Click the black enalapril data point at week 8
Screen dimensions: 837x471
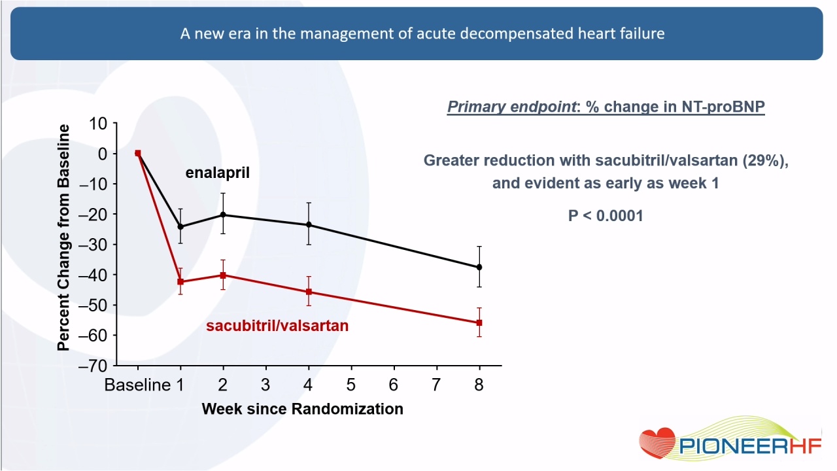[x=479, y=268]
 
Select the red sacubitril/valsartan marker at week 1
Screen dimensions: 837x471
[x=180, y=281]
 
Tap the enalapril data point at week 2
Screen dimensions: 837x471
[x=223, y=215]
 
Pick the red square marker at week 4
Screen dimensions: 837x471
[x=309, y=292]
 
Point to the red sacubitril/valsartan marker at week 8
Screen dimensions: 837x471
[x=479, y=323]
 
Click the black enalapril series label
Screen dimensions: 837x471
[x=218, y=173]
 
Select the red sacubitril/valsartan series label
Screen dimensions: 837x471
[x=277, y=326]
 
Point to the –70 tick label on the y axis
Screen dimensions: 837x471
[x=92, y=366]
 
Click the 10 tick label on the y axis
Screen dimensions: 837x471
[x=98, y=124]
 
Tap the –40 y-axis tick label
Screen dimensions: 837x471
[x=92, y=275]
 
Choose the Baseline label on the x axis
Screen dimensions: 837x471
[x=137, y=385]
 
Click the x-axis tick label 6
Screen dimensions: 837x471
[x=394, y=385]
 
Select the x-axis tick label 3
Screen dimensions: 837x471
[x=265, y=385]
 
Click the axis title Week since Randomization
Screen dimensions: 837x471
[x=303, y=409]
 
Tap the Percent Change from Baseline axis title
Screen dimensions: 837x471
[x=63, y=237]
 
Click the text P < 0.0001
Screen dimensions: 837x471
[x=606, y=216]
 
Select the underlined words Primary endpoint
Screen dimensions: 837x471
[x=511, y=107]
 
